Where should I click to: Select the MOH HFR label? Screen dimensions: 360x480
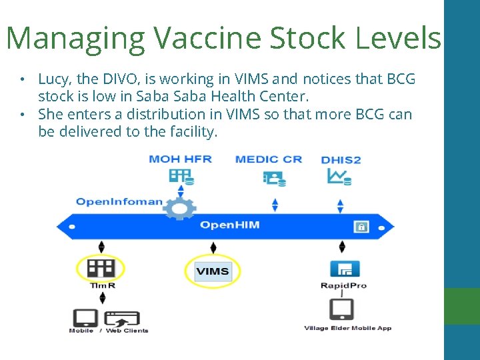click(180, 159)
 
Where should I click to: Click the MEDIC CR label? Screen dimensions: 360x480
click(269, 159)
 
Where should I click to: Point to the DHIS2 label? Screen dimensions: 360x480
click(341, 160)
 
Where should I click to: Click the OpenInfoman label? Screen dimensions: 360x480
click(119, 201)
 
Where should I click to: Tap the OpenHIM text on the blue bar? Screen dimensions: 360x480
click(229, 225)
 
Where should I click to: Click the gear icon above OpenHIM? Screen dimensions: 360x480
click(179, 208)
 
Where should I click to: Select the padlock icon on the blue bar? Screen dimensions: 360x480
click(361, 226)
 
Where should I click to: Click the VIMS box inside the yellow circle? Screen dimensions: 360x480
click(213, 271)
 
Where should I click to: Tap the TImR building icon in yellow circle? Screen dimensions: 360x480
click(101, 269)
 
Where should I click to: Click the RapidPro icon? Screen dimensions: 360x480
click(344, 269)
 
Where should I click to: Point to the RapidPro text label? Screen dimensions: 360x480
click(344, 286)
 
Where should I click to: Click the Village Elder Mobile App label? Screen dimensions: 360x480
click(347, 328)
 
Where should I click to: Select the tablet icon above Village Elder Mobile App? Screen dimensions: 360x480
click(342, 309)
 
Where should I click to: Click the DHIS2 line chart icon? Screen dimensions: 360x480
click(339, 177)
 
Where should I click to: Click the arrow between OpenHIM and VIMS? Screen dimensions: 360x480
click(213, 247)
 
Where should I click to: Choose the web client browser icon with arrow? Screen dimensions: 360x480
click(122, 319)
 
